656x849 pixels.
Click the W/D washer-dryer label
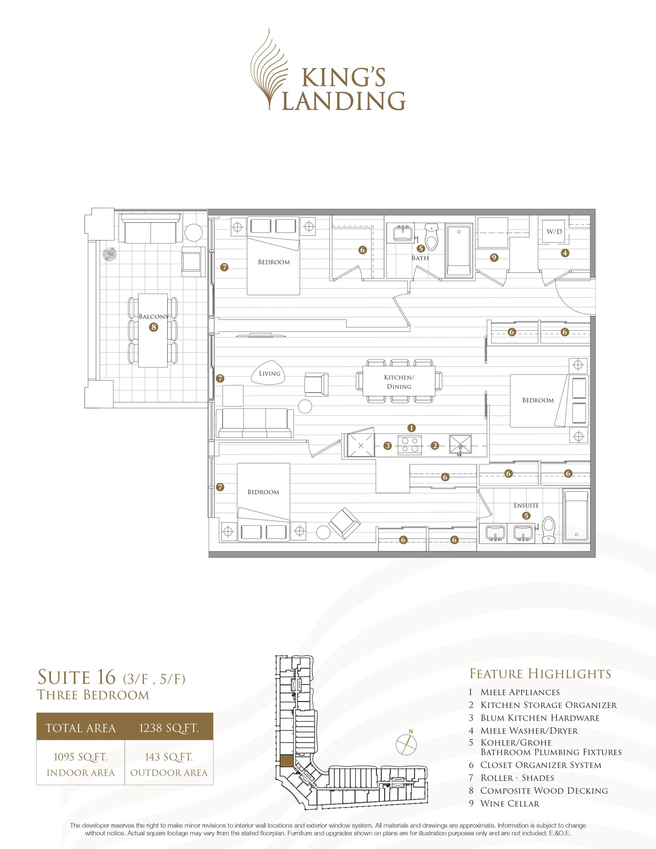pos(554,232)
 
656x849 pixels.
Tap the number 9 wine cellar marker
pos(494,257)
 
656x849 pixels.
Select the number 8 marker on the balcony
pos(154,327)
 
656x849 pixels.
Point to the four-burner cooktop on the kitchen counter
pos(411,445)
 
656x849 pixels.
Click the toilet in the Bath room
pos(431,237)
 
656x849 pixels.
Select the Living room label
pos(270,373)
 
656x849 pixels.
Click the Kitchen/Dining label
pos(399,382)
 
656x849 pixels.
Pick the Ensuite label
pos(526,505)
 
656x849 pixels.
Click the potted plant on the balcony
pos(110,254)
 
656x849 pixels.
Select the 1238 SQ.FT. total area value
pos(169,727)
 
